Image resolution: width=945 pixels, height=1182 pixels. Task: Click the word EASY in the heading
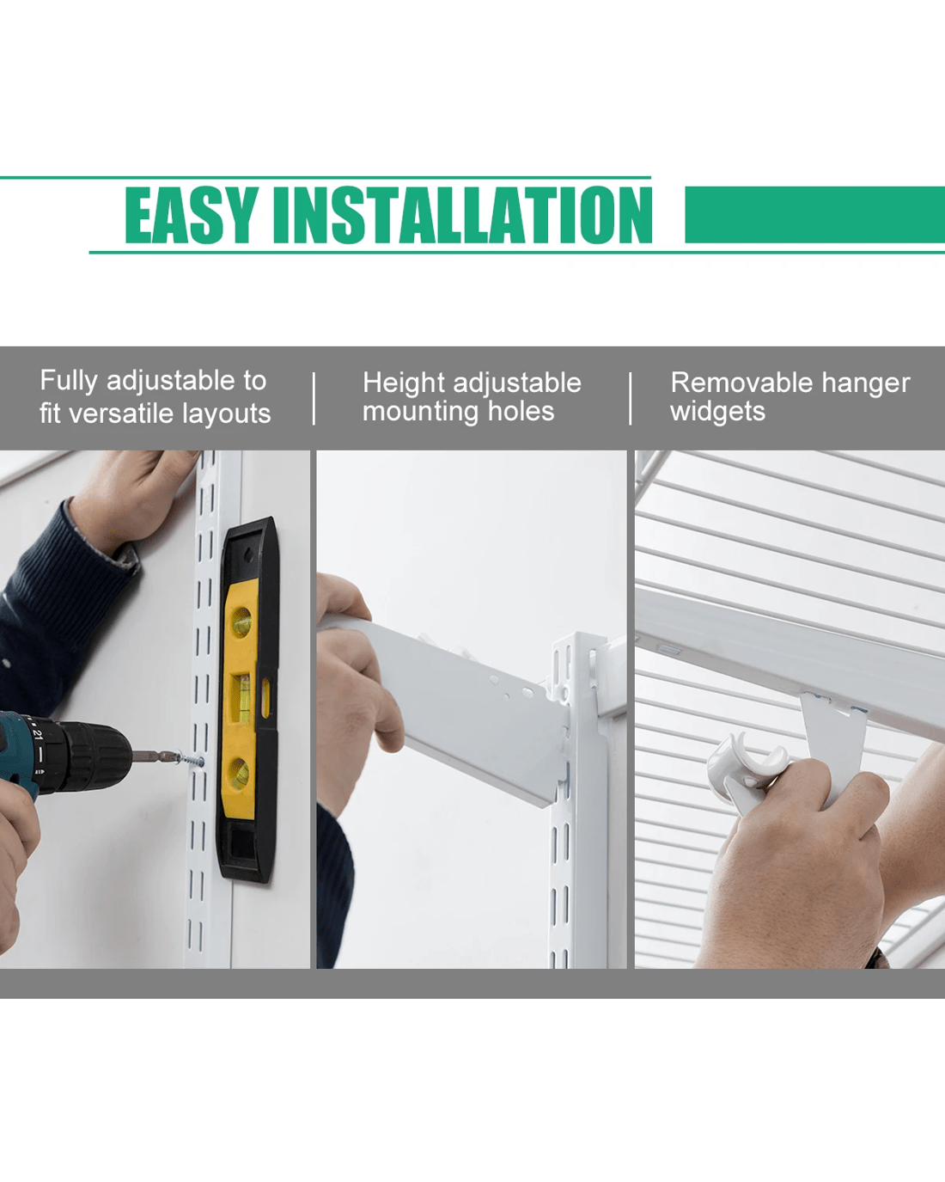192,215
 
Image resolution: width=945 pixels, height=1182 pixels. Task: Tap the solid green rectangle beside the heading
815,214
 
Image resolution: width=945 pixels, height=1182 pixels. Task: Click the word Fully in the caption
69,381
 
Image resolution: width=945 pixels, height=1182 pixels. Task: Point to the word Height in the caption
404,383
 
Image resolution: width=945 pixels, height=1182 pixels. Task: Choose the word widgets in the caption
717,412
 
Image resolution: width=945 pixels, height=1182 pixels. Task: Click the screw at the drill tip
191,761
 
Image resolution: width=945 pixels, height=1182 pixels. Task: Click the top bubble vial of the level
241,622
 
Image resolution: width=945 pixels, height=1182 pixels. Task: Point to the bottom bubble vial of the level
240,773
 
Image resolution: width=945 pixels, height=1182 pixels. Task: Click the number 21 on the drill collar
37,734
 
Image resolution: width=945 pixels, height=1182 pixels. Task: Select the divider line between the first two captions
314,399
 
